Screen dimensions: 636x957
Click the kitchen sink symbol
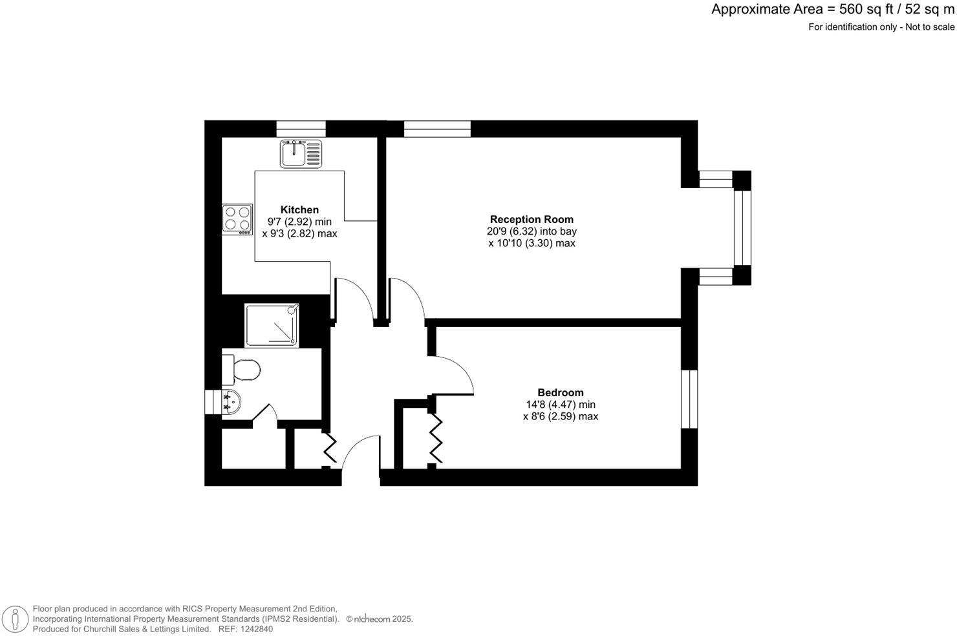(x=301, y=154)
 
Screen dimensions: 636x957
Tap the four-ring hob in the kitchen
(x=237, y=218)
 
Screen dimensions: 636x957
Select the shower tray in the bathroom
(x=272, y=325)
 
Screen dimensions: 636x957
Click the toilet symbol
(x=242, y=370)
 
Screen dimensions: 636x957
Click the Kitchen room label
(x=299, y=209)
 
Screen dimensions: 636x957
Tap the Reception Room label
(x=532, y=219)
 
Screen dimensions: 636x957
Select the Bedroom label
(x=560, y=392)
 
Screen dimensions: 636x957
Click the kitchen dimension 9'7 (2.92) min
(x=299, y=222)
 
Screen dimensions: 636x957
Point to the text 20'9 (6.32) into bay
(x=532, y=231)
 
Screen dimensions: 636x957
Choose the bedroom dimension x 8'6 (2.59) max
(x=560, y=417)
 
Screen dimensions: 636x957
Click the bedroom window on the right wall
(x=689, y=399)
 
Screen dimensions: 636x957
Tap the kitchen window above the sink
(x=301, y=129)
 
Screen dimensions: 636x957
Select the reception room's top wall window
(x=437, y=129)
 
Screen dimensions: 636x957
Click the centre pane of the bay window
(x=742, y=228)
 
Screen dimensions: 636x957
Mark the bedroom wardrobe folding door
(x=436, y=439)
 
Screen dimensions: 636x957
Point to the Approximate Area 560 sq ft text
(x=833, y=9)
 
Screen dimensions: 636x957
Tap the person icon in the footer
(x=15, y=619)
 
